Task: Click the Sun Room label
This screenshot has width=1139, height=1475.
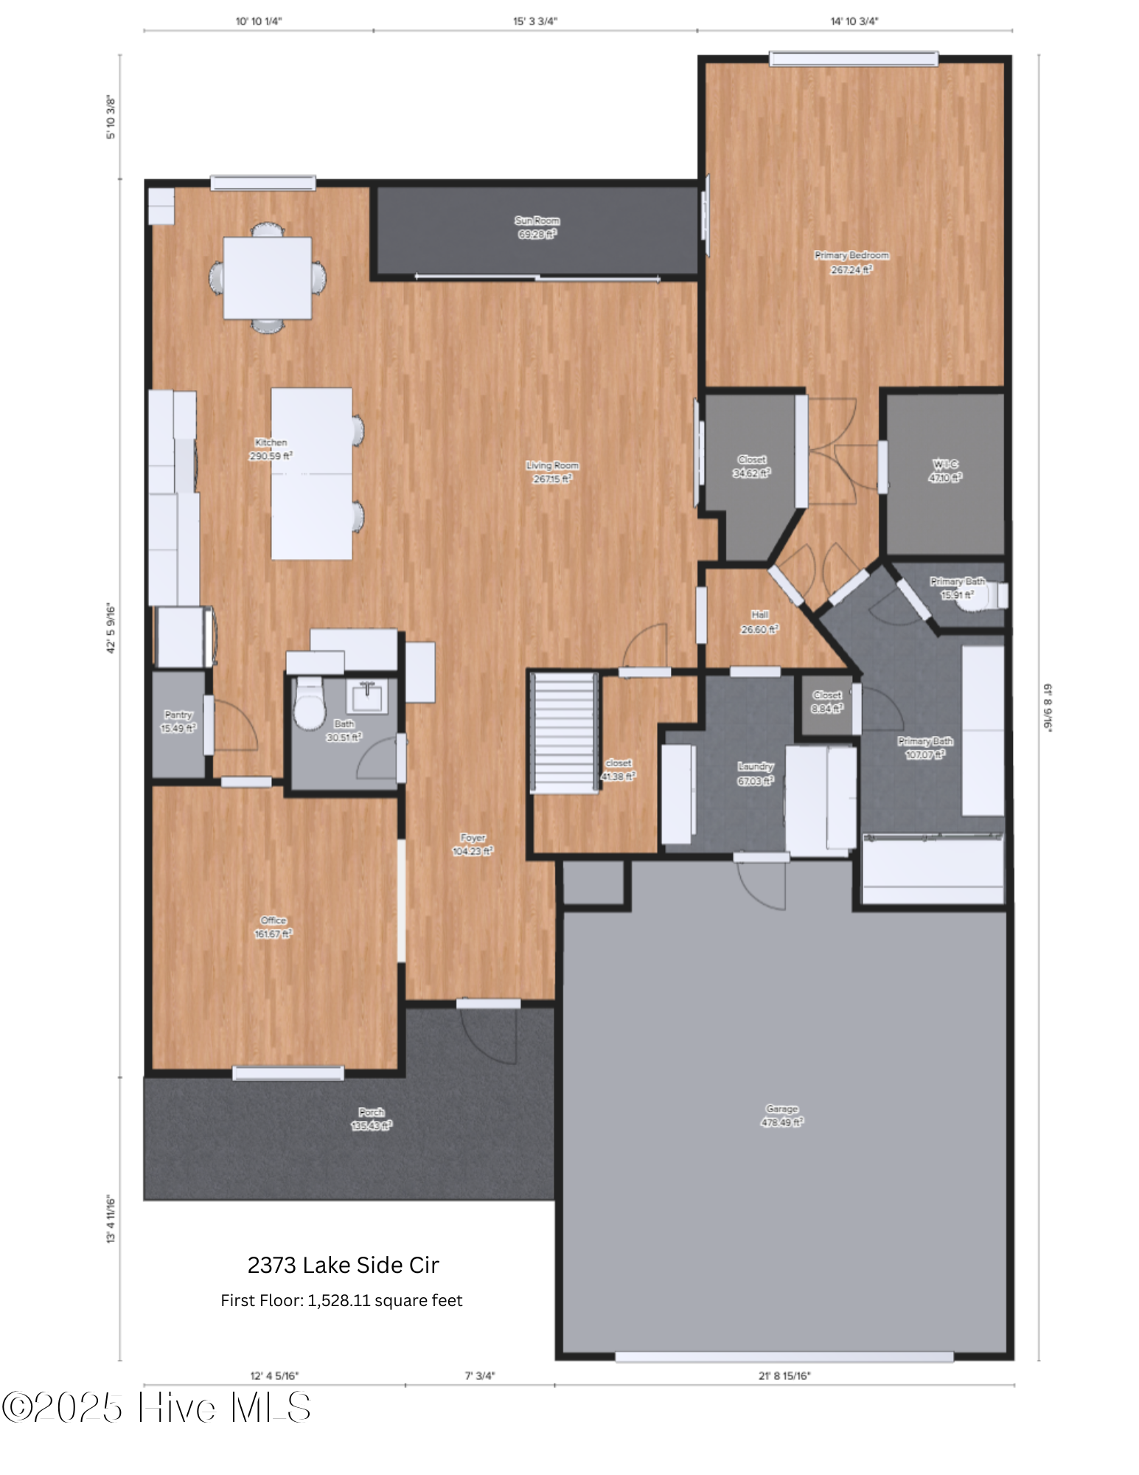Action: [537, 221]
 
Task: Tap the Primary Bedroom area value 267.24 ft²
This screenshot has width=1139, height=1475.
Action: [851, 270]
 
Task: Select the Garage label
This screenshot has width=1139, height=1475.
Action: [781, 1109]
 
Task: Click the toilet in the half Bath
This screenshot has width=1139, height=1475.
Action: [310, 706]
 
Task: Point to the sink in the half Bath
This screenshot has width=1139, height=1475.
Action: [366, 698]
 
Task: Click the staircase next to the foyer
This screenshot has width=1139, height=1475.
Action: [565, 732]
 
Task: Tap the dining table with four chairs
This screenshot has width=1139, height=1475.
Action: [267, 278]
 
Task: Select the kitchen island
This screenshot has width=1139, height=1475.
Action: [311, 473]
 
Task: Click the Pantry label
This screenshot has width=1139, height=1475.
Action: [178, 715]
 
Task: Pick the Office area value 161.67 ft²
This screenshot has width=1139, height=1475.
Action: [273, 934]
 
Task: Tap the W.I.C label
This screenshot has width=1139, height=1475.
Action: [945, 464]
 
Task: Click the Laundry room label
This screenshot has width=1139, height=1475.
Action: [756, 766]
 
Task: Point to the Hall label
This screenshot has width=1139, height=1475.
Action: [759, 614]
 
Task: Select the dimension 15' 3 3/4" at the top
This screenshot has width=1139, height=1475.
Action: [535, 21]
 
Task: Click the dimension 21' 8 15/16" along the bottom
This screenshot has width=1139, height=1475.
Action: [784, 1375]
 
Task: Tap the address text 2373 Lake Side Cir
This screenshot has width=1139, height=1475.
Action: [343, 1266]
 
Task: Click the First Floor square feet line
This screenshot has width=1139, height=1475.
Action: [341, 1300]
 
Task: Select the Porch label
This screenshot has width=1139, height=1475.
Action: [371, 1112]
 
